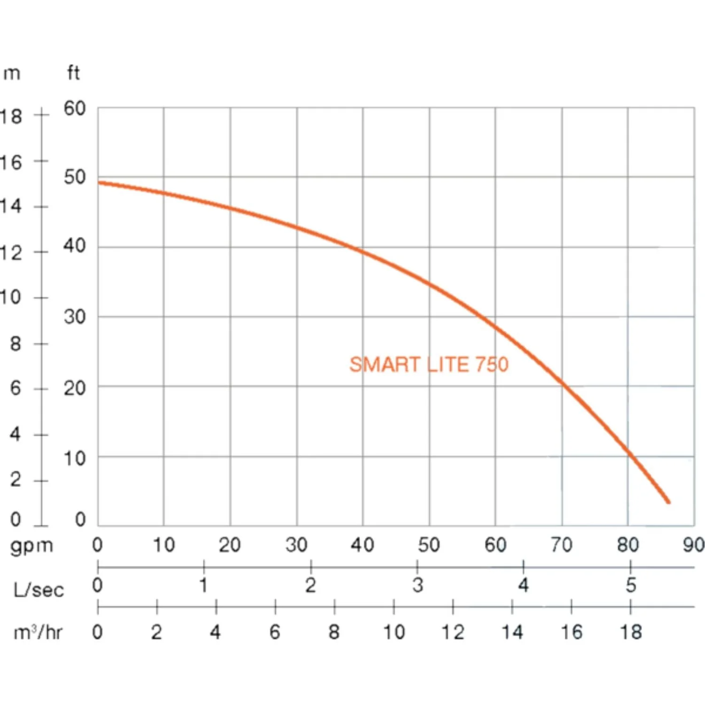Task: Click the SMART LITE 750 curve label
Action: click(429, 365)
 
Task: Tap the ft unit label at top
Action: click(73, 73)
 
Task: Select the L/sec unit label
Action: click(39, 589)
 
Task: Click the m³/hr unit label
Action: click(38, 632)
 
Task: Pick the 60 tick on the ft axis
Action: click(75, 109)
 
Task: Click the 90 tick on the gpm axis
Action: click(694, 545)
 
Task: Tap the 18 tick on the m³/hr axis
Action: click(631, 632)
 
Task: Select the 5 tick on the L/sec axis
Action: click(631, 586)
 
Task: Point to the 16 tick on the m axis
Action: click(11, 163)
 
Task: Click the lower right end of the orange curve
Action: click(669, 502)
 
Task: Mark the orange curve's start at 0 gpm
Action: click(99, 183)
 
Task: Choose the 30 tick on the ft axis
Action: click(75, 317)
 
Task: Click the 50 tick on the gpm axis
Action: click(429, 545)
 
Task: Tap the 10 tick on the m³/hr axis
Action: click(394, 632)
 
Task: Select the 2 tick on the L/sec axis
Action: click(311, 586)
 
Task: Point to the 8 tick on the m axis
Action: click(16, 344)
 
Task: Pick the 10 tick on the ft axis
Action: click(75, 458)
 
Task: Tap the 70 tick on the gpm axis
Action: click(561, 545)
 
